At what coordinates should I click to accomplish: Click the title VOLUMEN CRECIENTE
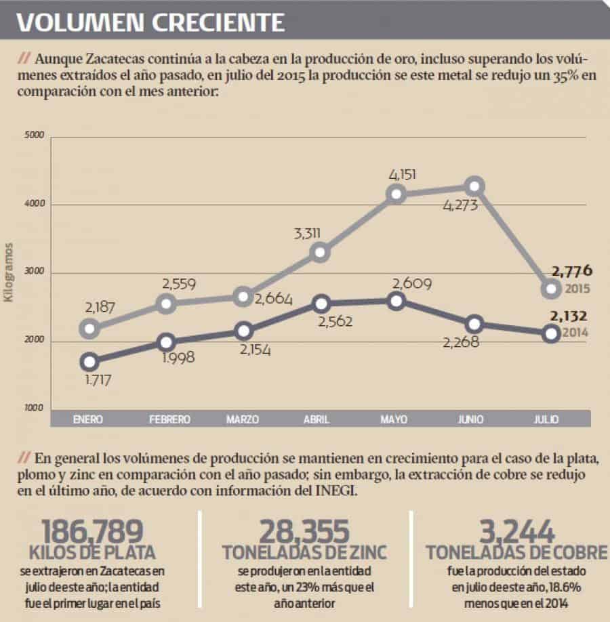[150, 22]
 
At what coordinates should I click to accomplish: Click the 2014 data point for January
[89, 361]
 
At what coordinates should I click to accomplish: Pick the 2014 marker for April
[321, 303]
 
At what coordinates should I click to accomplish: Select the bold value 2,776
[572, 272]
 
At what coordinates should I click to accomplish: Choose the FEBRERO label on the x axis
[169, 419]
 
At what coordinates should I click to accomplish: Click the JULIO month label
[546, 419]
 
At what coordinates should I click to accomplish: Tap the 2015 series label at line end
[577, 289]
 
